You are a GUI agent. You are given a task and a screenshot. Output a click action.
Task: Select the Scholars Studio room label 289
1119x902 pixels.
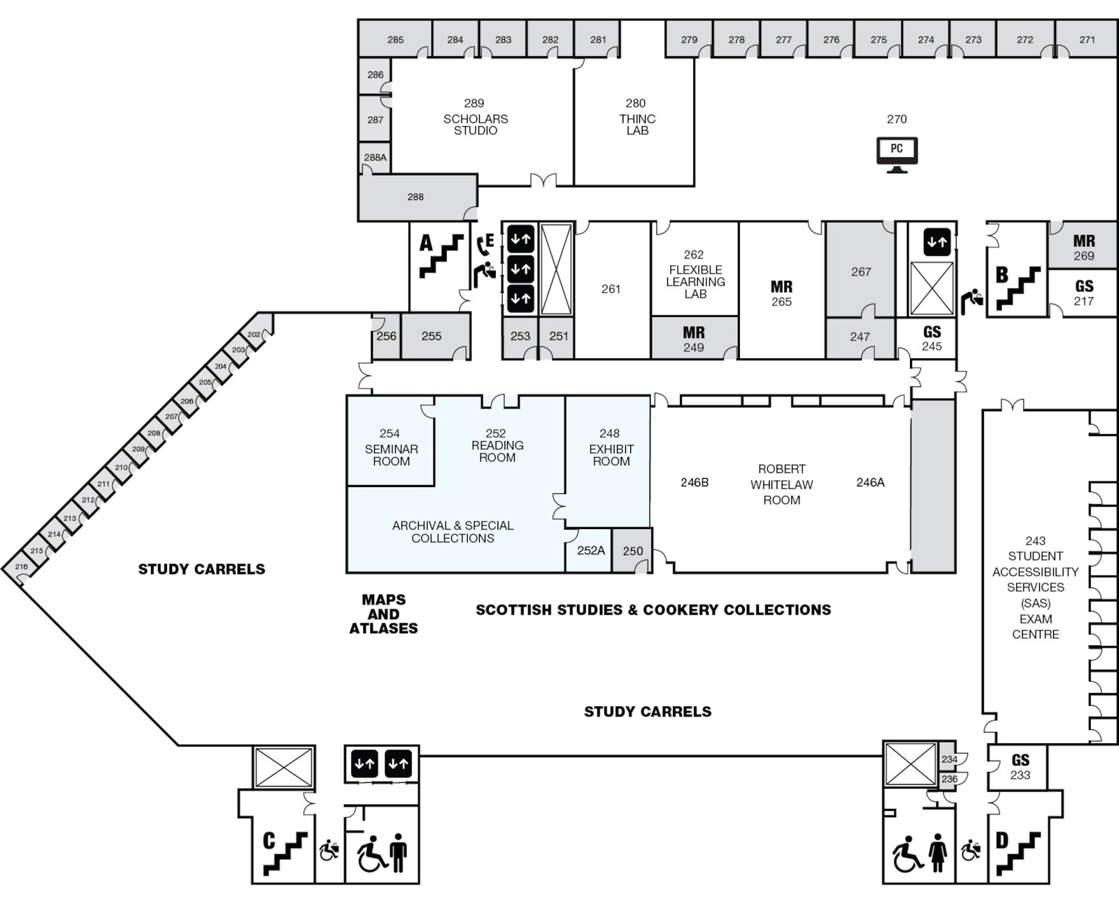(475, 116)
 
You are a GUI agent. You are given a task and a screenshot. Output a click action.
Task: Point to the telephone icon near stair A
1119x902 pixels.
(482, 246)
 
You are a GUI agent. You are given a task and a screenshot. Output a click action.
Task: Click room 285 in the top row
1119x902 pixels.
(395, 40)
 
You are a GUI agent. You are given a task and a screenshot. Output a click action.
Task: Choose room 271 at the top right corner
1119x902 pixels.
(1086, 40)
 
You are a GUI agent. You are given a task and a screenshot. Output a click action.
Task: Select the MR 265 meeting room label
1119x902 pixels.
(781, 294)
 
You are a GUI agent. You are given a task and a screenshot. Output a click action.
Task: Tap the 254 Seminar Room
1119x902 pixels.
(390, 448)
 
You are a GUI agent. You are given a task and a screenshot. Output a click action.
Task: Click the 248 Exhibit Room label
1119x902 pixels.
(610, 448)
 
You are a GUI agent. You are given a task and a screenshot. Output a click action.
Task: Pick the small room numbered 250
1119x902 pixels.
(632, 551)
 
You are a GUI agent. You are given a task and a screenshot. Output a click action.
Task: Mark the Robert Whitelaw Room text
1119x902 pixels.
(781, 484)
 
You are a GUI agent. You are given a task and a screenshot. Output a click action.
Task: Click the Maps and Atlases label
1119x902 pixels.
(383, 614)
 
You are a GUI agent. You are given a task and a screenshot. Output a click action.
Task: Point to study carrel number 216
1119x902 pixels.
(21, 567)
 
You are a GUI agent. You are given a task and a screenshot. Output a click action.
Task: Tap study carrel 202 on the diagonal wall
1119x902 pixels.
(254, 334)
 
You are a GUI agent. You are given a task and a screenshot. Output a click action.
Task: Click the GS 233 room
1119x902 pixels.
(1020, 767)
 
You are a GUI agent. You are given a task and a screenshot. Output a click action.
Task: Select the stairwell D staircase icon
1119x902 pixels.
(1018, 852)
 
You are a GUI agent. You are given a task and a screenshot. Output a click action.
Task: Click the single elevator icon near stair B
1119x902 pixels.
(937, 242)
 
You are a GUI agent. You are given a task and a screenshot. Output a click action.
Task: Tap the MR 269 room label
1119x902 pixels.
(1083, 248)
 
